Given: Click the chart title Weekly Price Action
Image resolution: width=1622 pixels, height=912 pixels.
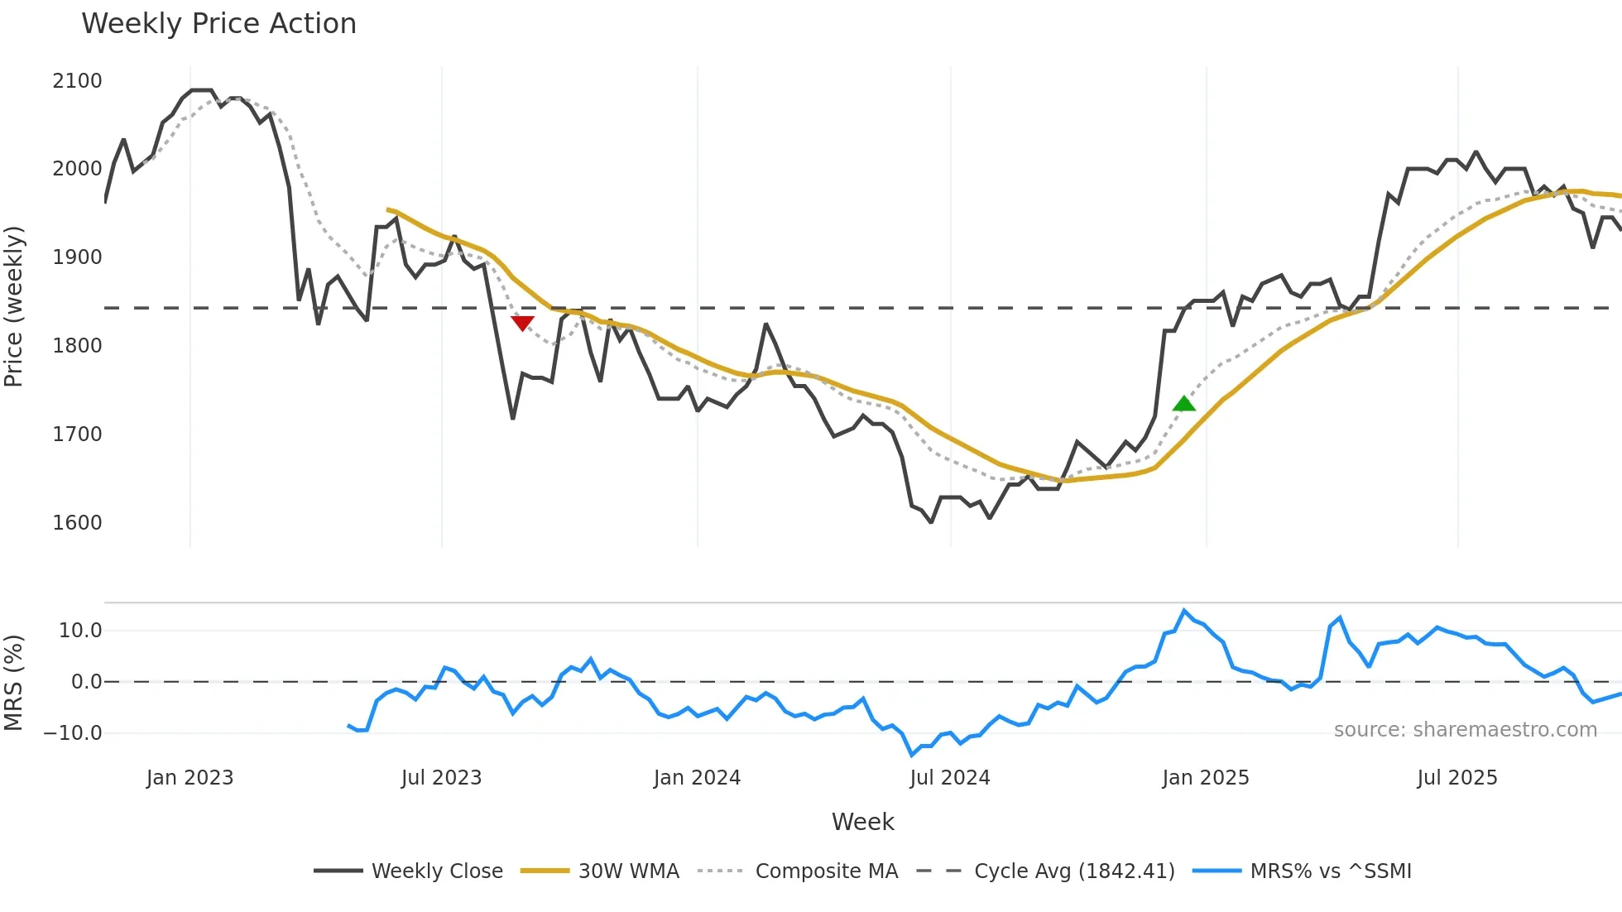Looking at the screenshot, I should pos(218,23).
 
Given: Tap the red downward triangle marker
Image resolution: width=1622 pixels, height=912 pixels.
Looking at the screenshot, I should pos(522,323).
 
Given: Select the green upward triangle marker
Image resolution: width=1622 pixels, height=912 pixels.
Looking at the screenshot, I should pos(1184,404).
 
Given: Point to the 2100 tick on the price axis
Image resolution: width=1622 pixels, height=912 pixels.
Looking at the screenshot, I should pos(77,81).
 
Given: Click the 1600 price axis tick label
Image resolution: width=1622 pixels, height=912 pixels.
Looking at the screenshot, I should pos(77,523).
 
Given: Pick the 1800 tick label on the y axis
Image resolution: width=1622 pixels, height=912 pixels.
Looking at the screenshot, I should pos(77,346).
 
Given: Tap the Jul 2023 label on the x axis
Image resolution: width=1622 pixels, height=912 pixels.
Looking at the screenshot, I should pos(441,778).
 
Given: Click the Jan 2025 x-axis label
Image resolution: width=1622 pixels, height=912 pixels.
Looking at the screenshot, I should pos(1205,778).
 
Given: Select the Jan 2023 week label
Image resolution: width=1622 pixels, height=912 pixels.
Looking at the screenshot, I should pos(190,778).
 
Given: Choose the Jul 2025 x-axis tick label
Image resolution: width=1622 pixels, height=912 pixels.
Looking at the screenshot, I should pos(1456,778).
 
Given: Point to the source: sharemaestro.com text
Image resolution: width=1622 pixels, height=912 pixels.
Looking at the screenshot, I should pos(1465,730).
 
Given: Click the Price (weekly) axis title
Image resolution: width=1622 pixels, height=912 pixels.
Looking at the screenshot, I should pos(13,306).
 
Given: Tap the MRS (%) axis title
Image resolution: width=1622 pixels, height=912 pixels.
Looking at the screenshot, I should pos(13,683).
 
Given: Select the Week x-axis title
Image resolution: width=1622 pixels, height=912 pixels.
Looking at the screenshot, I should pos(862,822).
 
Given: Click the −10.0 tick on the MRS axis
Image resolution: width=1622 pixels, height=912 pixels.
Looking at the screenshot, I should pos(73,733).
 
